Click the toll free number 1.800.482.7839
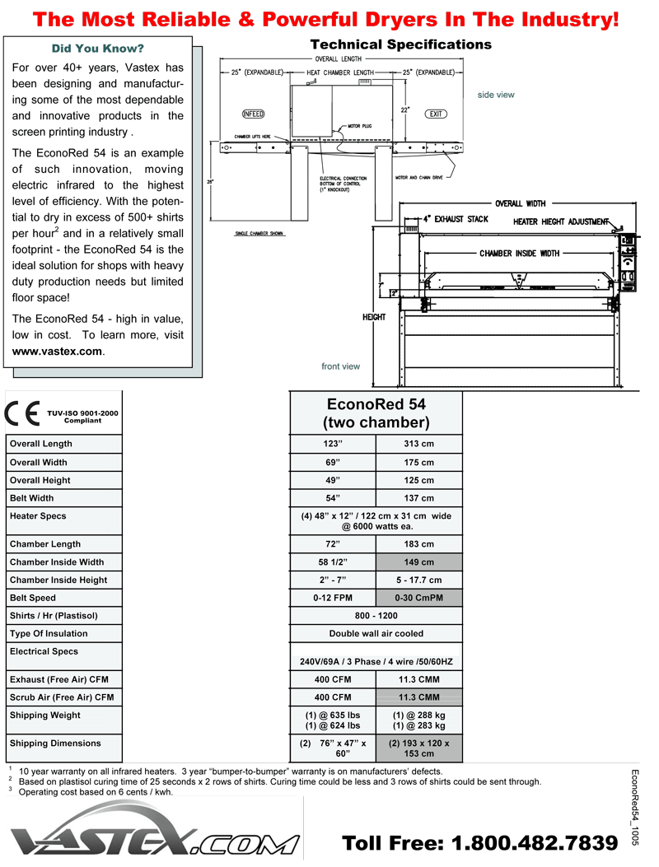click(479, 843)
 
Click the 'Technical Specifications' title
click(400, 44)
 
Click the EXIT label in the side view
click(436, 114)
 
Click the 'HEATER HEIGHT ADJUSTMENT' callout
click(560, 221)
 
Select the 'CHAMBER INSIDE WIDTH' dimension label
click(519, 254)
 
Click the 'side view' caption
click(496, 95)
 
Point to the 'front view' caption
click(340, 366)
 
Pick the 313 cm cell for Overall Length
click(419, 444)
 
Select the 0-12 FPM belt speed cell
click(333, 598)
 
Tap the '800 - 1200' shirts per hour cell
click(376, 616)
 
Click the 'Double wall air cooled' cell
click(376, 634)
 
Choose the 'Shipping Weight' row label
click(45, 716)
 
